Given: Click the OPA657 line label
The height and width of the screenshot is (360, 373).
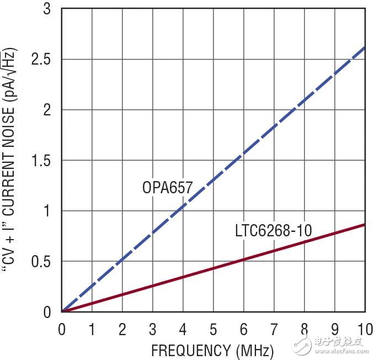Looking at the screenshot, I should coord(167,188).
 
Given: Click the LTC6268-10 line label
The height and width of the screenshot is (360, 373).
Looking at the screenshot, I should coord(273,230).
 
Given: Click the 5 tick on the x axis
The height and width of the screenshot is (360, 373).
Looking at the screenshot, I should coord(213,329).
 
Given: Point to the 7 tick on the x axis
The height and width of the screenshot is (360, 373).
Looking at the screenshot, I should coord(273,329).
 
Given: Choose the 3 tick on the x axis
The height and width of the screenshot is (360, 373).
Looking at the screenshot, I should coord(152,329).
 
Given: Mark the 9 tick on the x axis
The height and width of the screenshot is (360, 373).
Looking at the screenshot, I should coord(334,329).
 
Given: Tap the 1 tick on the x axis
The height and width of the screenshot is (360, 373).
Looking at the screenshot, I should coord(92,329).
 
